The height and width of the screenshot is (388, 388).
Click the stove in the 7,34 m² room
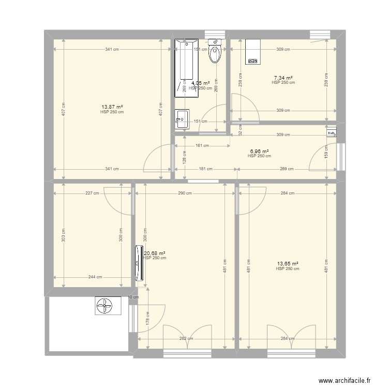point(253,52)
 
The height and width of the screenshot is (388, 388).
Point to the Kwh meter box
point(331,132)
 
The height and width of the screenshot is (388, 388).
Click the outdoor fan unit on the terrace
point(108,306)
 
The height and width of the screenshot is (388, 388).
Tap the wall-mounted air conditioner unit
point(138,263)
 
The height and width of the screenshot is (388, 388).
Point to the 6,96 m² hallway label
point(259,151)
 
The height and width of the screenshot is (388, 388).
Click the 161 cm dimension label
point(202,146)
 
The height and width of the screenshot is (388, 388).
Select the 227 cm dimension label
point(93,193)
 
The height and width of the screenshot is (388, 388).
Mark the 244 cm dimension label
point(95,277)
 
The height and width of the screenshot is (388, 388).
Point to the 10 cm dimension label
point(133,297)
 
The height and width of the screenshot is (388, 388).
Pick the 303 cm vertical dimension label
point(64,235)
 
